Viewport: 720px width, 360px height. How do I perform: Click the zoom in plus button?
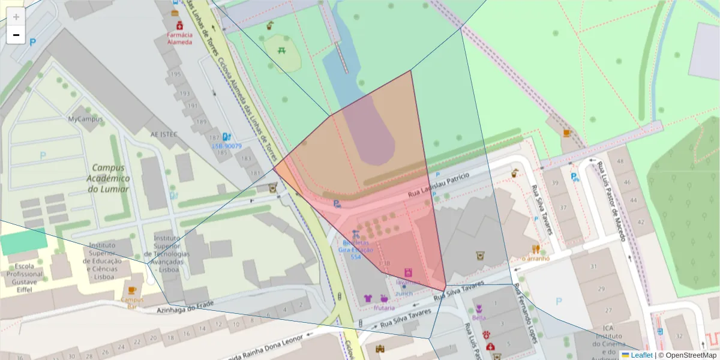[x=16, y=16]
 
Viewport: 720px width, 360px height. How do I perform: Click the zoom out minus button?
[x=16, y=35]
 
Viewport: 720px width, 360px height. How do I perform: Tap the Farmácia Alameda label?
[x=179, y=38]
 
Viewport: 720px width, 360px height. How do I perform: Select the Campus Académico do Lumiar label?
[x=108, y=178]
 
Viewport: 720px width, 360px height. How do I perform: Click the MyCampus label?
[x=85, y=119]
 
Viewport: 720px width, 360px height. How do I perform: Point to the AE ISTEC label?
[x=164, y=134]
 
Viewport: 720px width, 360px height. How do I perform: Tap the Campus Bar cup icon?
[x=132, y=290]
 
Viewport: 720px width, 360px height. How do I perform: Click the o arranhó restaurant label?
[x=536, y=259]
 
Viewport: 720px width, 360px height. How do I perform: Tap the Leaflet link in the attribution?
[x=641, y=355]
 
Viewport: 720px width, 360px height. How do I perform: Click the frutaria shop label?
[x=384, y=308]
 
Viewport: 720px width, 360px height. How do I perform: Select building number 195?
[x=175, y=74]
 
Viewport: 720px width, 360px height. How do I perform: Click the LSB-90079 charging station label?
[x=227, y=146]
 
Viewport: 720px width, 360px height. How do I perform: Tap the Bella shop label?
[x=479, y=317]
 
